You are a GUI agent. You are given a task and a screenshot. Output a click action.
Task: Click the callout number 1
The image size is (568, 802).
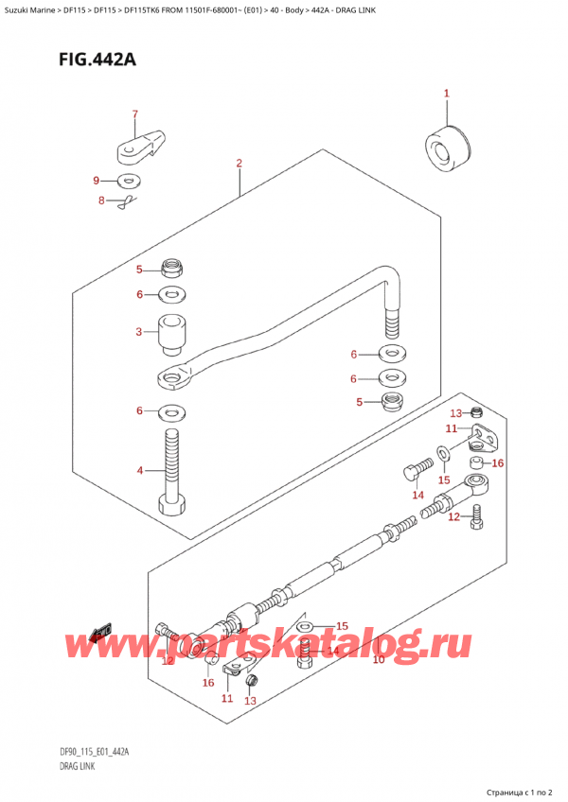(x=447, y=94)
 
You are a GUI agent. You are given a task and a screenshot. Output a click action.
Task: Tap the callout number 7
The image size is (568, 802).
(x=134, y=115)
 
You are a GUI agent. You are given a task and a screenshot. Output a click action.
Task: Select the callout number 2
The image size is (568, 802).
(x=240, y=163)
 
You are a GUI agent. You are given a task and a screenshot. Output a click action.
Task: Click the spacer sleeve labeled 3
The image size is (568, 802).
(x=171, y=335)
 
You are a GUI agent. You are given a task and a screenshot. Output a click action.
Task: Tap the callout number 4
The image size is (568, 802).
(x=139, y=470)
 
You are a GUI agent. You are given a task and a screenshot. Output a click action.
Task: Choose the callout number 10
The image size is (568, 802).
(x=378, y=659)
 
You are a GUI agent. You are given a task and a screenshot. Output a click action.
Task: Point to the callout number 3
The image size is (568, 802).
(x=139, y=332)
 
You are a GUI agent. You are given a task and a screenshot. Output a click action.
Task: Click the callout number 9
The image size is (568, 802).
(x=96, y=181)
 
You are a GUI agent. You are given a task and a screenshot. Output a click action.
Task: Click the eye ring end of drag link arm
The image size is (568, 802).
(x=170, y=380)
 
